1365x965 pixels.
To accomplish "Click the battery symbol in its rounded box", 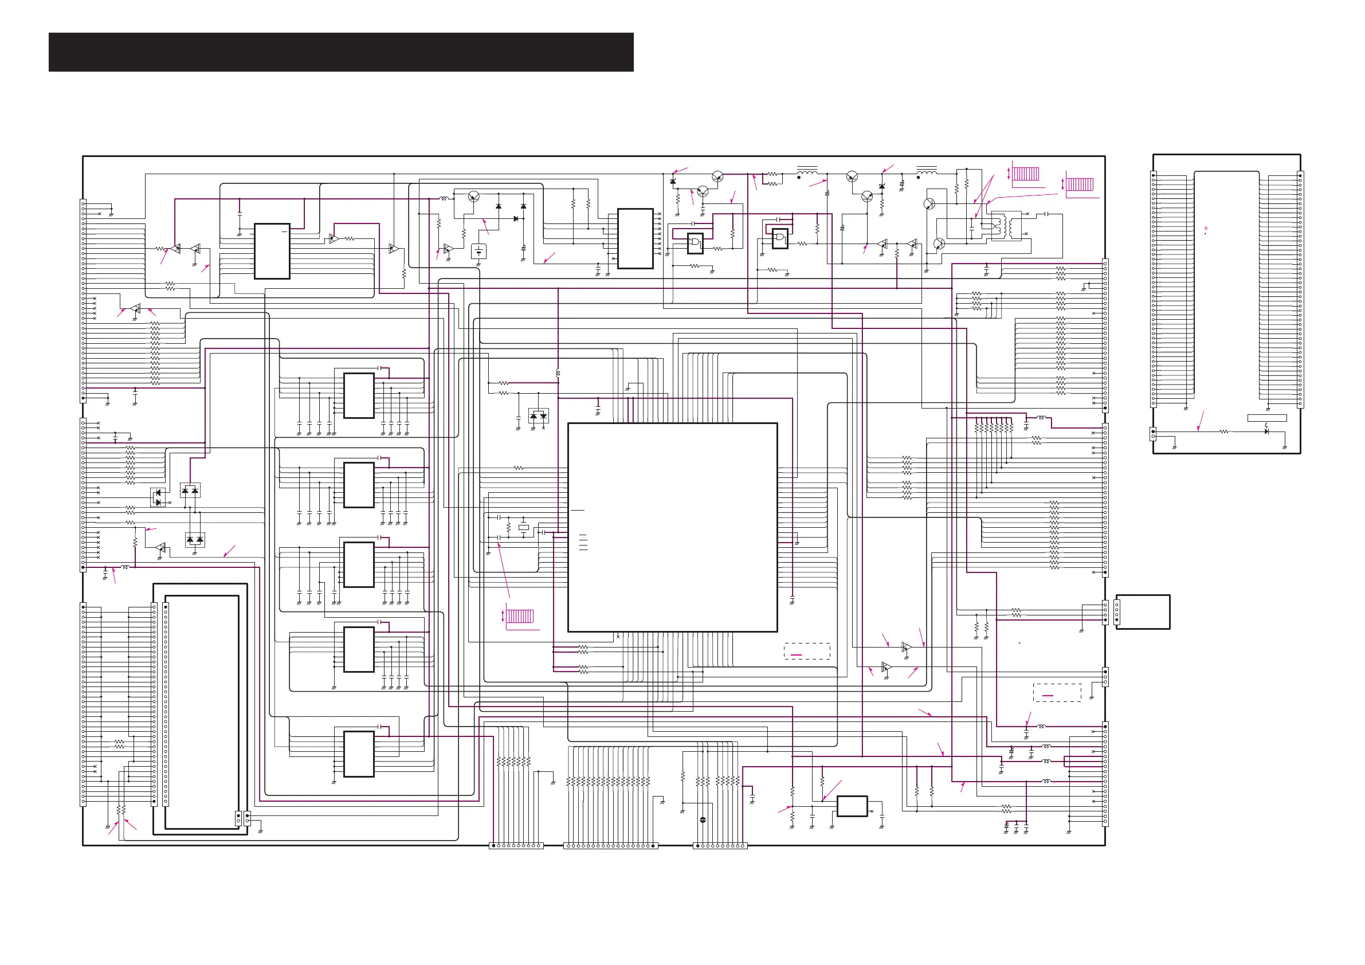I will click(x=478, y=252).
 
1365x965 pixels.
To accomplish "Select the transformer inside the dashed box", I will click(x=1006, y=226).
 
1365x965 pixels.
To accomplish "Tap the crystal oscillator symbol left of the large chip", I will click(x=523, y=527).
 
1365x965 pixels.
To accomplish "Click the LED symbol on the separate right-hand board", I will click(x=1266, y=431).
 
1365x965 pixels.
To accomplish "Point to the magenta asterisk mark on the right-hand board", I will click(x=1206, y=228).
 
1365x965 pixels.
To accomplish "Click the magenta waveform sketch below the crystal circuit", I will click(x=520, y=616).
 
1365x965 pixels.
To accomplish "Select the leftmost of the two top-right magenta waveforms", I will click(x=1026, y=174).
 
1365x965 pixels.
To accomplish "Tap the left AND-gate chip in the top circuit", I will click(x=695, y=243).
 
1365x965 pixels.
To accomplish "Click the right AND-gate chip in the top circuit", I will click(x=779, y=239).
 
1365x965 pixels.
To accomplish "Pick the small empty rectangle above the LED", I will click(x=1267, y=418).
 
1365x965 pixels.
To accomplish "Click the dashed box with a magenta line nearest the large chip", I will click(x=807, y=651).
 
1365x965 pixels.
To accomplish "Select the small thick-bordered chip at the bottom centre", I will click(x=852, y=806).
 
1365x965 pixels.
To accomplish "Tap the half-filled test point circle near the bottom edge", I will click(x=703, y=820).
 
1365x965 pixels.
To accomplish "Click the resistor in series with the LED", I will click(x=1224, y=431).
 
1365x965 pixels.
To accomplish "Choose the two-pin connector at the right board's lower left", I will click(x=1154, y=434).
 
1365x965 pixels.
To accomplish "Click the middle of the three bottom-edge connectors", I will click(x=610, y=845).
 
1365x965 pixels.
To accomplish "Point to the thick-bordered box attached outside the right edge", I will click(x=1143, y=612).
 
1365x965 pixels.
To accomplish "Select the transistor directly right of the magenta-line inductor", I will click(x=474, y=197).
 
